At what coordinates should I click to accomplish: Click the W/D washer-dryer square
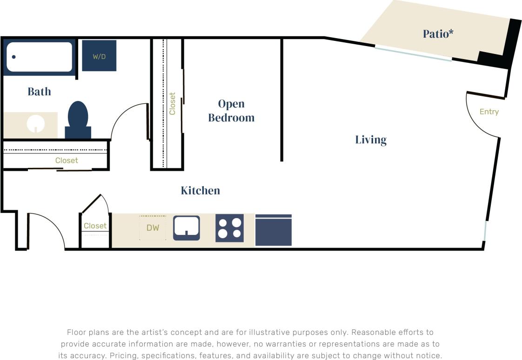[x=99, y=56]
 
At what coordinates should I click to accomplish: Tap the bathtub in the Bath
[x=39, y=57]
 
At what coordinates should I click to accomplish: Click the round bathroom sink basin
[x=35, y=124]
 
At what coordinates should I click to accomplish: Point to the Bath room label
[x=39, y=92]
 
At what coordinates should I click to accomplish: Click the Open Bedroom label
[x=231, y=111]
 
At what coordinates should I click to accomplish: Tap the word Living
[x=371, y=140]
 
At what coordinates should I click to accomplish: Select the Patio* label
[x=438, y=34]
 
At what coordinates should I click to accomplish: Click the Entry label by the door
[x=489, y=112]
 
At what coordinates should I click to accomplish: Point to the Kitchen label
[x=200, y=190]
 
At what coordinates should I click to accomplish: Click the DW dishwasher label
[x=153, y=228]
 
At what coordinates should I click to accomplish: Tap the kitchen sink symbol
[x=187, y=227]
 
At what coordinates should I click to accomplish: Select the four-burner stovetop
[x=229, y=228]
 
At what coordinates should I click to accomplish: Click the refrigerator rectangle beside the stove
[x=274, y=230]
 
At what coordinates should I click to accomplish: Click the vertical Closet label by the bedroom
[x=173, y=104]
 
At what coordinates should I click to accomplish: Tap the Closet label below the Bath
[x=67, y=160]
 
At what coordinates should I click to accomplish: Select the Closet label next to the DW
[x=95, y=226]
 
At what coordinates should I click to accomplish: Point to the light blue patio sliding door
[x=413, y=53]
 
